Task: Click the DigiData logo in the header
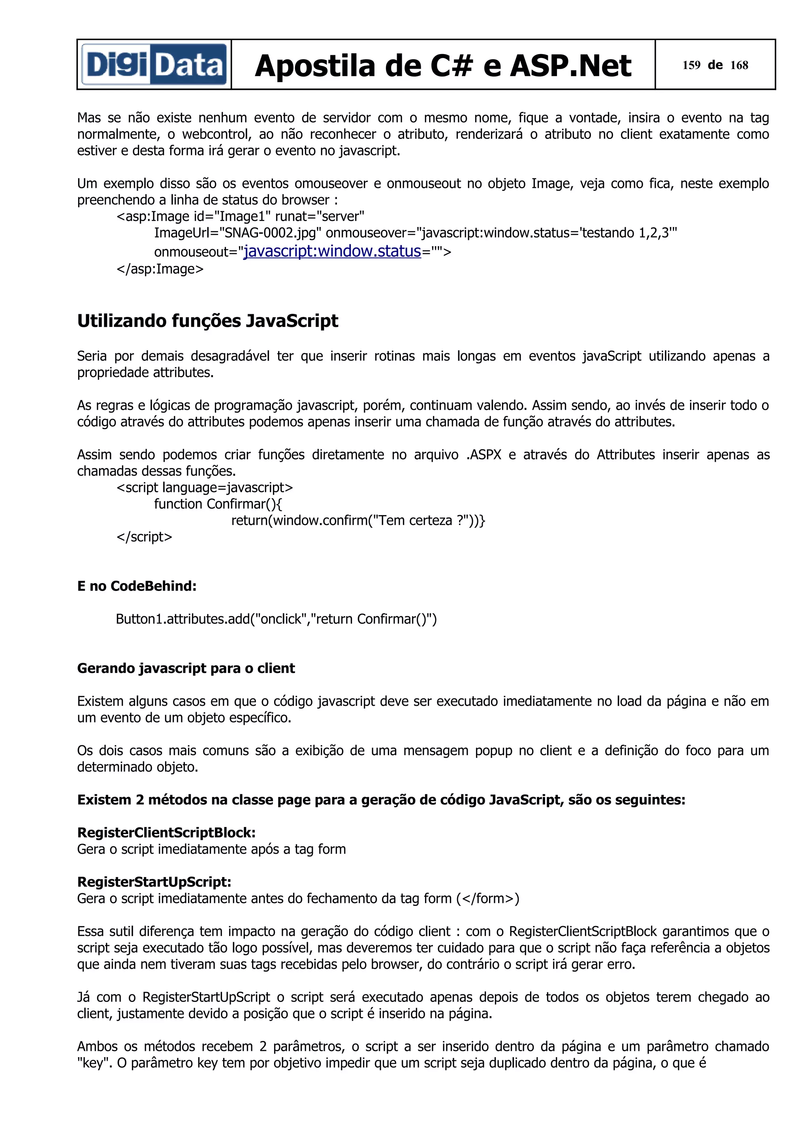click(x=154, y=65)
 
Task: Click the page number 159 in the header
click(x=691, y=65)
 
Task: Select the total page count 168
click(x=739, y=65)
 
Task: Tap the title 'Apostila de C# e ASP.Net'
click(x=443, y=66)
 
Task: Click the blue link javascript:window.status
click(x=332, y=251)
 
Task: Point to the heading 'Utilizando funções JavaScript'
click(x=207, y=321)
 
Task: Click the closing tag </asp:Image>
click(x=160, y=269)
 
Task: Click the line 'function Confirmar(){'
click(x=218, y=504)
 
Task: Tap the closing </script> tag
click(x=144, y=537)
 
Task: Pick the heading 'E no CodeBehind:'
click(x=137, y=586)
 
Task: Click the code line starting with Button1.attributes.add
click(x=276, y=619)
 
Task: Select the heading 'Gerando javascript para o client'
click(x=186, y=668)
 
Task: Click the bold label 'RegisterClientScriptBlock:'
click(x=166, y=833)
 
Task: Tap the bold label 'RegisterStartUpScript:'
click(x=154, y=882)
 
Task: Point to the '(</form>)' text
click(x=487, y=898)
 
